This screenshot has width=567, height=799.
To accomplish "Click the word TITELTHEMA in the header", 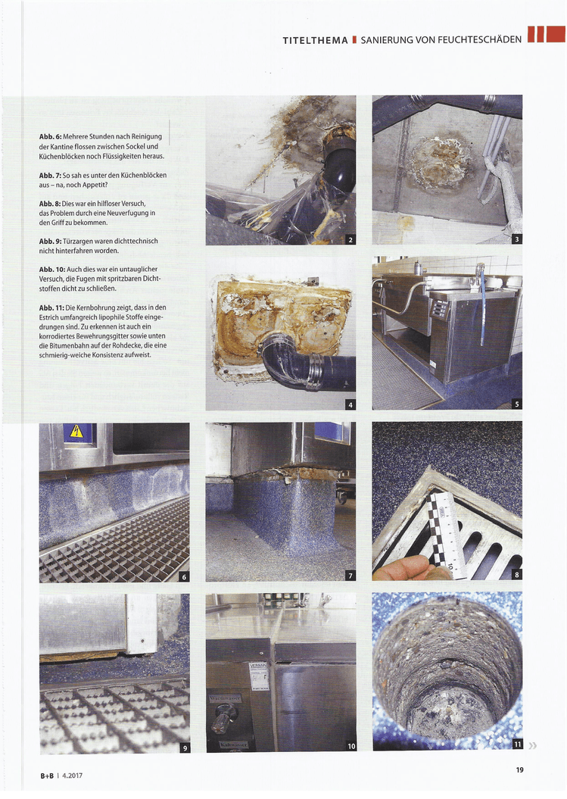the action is tap(316, 40).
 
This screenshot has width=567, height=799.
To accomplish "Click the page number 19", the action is tap(519, 769).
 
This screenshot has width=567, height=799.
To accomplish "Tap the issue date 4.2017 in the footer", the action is tap(73, 776).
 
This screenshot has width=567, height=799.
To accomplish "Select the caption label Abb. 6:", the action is tap(50, 137).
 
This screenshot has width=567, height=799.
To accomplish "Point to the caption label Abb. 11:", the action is tap(51, 307).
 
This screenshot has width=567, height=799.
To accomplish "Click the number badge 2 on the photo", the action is tap(350, 239).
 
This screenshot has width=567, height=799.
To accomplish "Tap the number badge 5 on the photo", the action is tap(517, 404).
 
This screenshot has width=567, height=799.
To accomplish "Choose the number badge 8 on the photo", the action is tap(517, 575).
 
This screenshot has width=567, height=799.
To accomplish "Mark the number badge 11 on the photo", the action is tap(517, 744).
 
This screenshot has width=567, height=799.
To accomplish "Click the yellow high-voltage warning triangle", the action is tap(76, 432).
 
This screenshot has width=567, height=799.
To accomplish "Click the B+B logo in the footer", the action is tap(47, 776).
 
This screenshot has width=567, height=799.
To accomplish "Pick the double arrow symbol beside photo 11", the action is tap(533, 745).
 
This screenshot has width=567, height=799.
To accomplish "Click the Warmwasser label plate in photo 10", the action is tap(225, 697).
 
